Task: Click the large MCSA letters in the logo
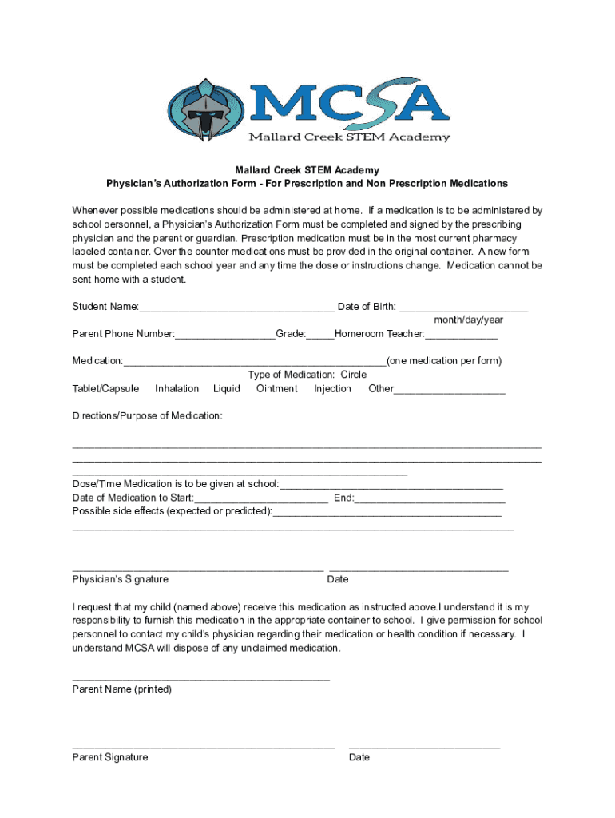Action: (347, 102)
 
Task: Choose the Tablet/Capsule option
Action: (105, 389)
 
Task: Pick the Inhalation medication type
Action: (177, 389)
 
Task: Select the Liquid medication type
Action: (227, 389)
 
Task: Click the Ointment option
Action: (276, 389)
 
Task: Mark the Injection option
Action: (332, 389)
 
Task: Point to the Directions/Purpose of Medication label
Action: (148, 416)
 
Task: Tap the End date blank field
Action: (430, 499)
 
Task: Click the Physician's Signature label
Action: (121, 579)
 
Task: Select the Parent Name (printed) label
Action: (122, 689)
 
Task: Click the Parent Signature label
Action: (110, 757)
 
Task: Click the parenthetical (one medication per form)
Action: (444, 361)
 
